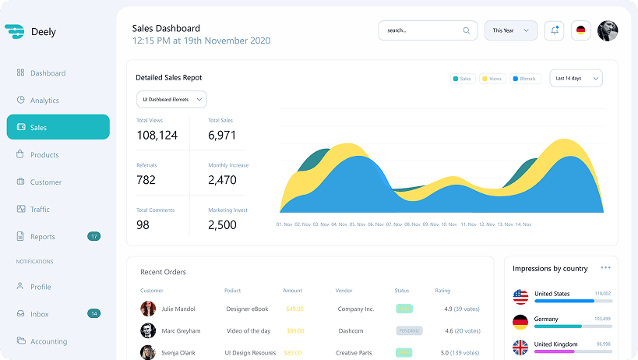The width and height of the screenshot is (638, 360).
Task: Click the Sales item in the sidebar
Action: tap(58, 127)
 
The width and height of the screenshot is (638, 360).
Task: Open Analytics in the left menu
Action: tap(44, 101)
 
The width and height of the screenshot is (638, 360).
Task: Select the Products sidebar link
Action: tap(44, 155)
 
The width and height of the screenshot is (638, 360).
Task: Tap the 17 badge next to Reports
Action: tap(93, 236)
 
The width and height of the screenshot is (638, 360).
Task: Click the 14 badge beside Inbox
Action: tap(93, 314)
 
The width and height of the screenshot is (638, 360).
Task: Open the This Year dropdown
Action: tap(510, 30)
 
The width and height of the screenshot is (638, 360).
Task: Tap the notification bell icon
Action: tap(555, 30)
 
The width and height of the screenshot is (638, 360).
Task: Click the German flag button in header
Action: tap(580, 30)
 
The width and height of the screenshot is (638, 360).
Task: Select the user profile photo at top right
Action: tap(608, 30)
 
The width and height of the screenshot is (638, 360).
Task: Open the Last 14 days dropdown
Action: tap(576, 78)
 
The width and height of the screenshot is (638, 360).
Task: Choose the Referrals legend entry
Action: tap(525, 79)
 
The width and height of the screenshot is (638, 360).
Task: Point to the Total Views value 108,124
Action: tap(157, 135)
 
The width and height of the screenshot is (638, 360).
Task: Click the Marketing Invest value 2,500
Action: tap(222, 224)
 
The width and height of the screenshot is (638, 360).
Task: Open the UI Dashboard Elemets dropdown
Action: tap(171, 99)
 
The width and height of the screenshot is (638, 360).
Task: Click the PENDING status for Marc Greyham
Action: tap(409, 330)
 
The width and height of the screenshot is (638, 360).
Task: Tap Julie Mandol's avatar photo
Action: tap(148, 309)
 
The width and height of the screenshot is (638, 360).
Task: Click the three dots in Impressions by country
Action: tap(605, 268)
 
